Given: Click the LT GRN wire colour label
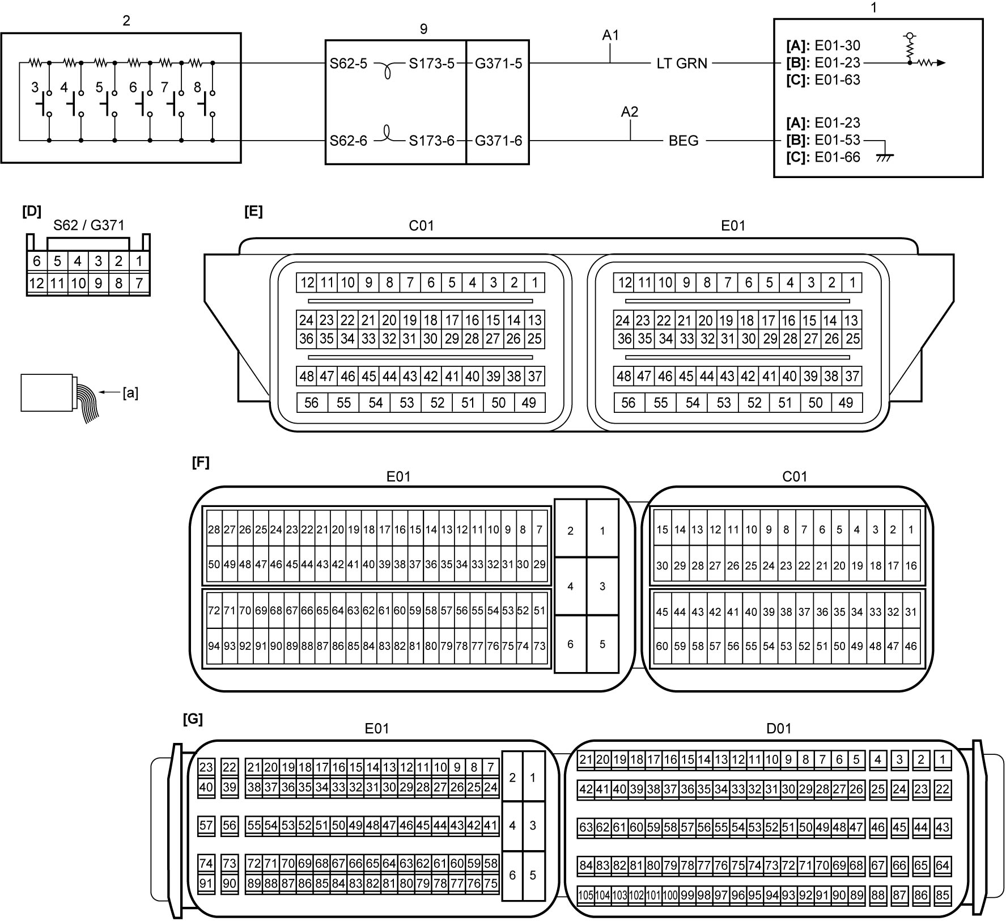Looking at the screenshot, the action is point(682,64).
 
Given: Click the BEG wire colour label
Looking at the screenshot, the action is point(684,141).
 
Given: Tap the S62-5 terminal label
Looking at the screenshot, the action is point(348,64).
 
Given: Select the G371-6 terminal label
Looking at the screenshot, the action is point(498,141).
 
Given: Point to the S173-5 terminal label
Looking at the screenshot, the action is point(432,64).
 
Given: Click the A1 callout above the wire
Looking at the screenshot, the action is point(610,35).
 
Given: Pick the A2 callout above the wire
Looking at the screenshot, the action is point(630,112).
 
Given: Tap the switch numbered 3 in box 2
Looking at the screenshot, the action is point(44,103).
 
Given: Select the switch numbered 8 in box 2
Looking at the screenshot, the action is point(207,103).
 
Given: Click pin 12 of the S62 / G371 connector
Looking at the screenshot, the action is point(37,283).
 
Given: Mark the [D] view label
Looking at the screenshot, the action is point(32,211).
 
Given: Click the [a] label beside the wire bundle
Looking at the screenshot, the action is point(130,392).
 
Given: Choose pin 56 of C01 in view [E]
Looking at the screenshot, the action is point(312,403).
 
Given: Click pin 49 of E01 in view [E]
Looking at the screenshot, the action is point(846,403).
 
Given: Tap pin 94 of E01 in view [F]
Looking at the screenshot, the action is point(214,646).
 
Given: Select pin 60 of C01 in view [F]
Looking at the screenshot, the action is point(662,646).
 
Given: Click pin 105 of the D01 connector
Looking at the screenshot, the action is point(585,895).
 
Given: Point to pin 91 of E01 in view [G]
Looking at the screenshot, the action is point(206,884).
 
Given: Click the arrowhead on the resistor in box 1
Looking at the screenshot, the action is point(941,63).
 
